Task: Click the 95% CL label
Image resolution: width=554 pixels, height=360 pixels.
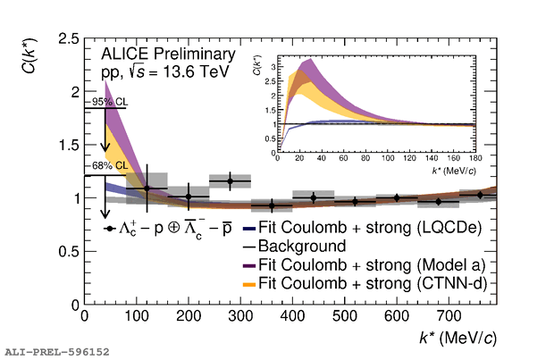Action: (105, 102)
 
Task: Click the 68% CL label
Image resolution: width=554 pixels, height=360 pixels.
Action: (105, 165)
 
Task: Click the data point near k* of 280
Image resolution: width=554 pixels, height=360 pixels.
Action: (231, 181)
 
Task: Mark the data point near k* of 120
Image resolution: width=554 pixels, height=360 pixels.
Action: (147, 188)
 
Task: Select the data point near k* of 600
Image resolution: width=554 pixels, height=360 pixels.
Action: (397, 197)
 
